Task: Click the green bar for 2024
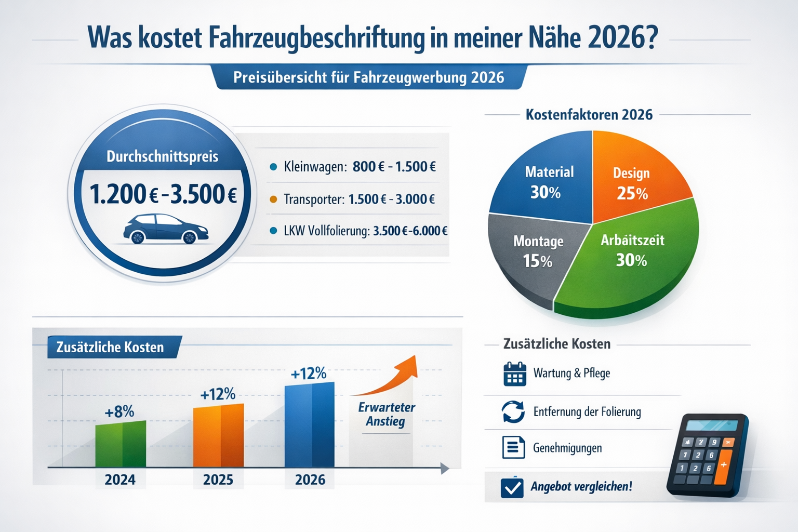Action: pos(121,444)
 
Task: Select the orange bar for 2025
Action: pos(218,435)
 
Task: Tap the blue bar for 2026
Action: pos(310,425)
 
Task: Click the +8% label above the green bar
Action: pos(119,412)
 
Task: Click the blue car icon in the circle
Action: pos(166,229)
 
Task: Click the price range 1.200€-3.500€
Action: pos(163,194)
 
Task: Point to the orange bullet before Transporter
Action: pos(273,199)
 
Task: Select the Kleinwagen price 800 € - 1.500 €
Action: pos(394,167)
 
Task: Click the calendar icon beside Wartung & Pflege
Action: pos(514,374)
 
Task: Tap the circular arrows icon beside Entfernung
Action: pos(513,412)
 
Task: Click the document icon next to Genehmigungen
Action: pos(513,447)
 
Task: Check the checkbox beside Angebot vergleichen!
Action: pos(512,487)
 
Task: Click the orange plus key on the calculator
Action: pos(723,465)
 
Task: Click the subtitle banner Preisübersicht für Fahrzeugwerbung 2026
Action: pos(369,77)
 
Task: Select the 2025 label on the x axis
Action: pos(218,480)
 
